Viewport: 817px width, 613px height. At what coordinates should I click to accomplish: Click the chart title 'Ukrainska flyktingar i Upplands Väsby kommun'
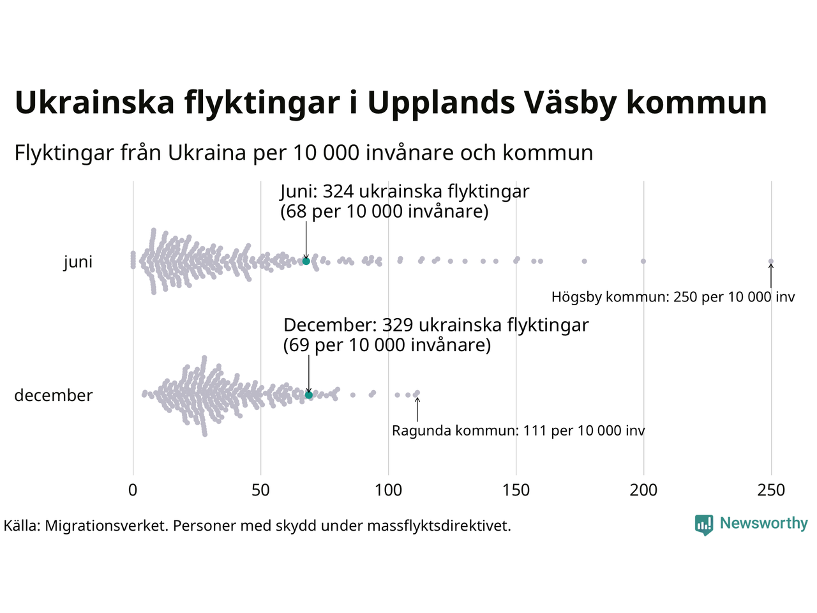click(x=391, y=103)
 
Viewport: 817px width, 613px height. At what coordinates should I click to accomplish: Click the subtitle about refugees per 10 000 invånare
click(x=304, y=153)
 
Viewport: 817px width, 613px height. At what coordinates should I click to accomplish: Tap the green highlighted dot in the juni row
click(x=306, y=261)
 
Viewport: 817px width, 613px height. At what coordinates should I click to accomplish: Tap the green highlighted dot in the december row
click(x=309, y=395)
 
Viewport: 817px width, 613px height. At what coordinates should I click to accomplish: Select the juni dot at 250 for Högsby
click(x=771, y=261)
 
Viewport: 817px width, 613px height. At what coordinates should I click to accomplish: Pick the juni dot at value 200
click(x=643, y=261)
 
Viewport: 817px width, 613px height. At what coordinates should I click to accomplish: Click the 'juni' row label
click(x=78, y=262)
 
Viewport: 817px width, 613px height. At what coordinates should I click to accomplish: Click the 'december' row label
click(x=54, y=396)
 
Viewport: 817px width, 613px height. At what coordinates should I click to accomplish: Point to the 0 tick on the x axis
click(x=133, y=490)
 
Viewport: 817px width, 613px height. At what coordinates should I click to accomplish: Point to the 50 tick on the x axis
click(x=260, y=490)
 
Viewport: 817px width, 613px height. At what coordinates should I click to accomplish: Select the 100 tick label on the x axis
click(x=388, y=490)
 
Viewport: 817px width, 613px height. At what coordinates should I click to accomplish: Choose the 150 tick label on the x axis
click(x=516, y=490)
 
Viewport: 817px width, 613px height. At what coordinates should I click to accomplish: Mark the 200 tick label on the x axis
click(x=643, y=490)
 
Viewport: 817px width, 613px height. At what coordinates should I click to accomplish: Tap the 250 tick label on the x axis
click(x=771, y=490)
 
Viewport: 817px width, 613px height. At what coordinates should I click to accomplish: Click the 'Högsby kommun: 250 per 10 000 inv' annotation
click(x=673, y=297)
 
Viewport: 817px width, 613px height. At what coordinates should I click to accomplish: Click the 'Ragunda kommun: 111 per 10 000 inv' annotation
click(x=518, y=431)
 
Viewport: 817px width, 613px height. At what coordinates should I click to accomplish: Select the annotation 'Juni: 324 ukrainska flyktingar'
click(x=405, y=192)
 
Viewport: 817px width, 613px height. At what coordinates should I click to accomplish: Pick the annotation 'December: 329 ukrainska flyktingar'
click(x=436, y=325)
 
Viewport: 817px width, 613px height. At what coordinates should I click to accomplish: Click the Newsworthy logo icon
click(x=703, y=525)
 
